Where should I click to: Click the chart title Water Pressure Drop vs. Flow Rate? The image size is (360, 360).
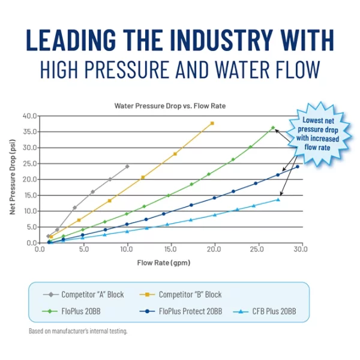(x=170, y=106)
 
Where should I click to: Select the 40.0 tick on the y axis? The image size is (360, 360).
(x=29, y=115)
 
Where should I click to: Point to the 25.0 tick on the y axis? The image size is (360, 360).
(x=29, y=163)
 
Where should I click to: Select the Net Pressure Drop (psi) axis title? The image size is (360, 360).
(x=13, y=178)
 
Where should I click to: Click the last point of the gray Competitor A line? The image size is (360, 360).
(x=127, y=166)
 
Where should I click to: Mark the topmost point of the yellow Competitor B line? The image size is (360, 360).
(x=212, y=123)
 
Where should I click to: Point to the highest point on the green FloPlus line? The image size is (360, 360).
(x=273, y=128)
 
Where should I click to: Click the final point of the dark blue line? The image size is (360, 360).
(x=298, y=167)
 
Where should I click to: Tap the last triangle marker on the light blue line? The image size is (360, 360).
(x=278, y=199)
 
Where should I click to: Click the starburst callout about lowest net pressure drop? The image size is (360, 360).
(x=320, y=133)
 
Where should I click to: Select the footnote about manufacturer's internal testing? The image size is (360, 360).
(x=78, y=331)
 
